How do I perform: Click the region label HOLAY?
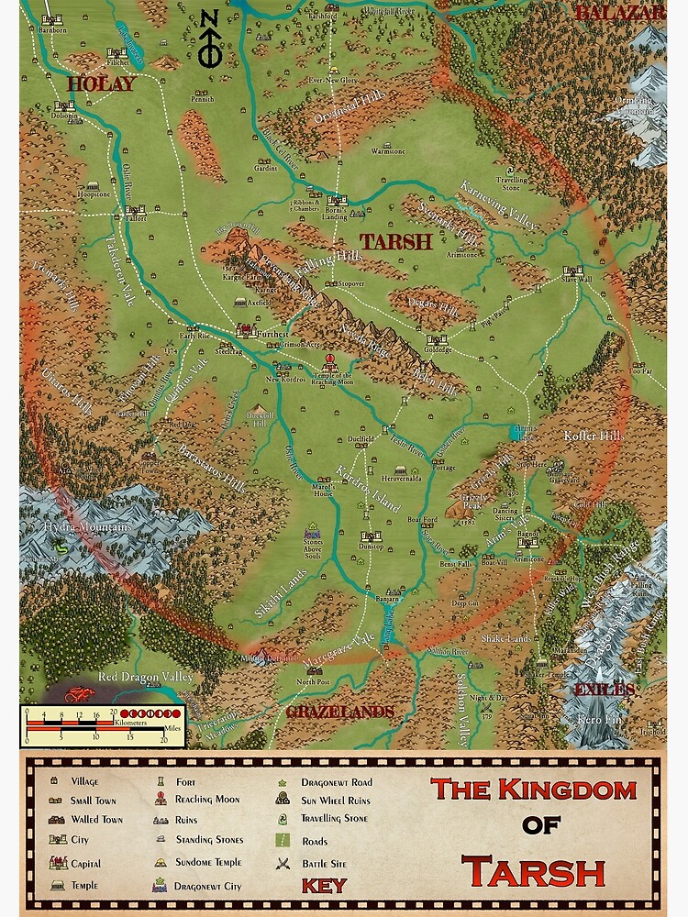tap(101, 84)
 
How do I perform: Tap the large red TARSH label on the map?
tap(395, 242)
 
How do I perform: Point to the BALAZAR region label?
tap(631, 12)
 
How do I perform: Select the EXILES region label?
tap(604, 690)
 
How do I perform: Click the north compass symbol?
tap(209, 41)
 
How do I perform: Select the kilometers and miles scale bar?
tap(102, 724)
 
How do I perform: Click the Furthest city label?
tap(272, 336)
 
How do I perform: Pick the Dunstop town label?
tap(371, 546)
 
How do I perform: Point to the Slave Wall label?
tap(571, 280)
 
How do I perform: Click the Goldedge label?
tap(438, 349)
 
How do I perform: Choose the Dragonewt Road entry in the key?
tap(336, 782)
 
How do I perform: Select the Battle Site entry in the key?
tap(327, 863)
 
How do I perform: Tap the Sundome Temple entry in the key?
tap(209, 863)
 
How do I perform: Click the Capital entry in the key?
tap(85, 863)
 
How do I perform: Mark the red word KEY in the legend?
tap(324, 886)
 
